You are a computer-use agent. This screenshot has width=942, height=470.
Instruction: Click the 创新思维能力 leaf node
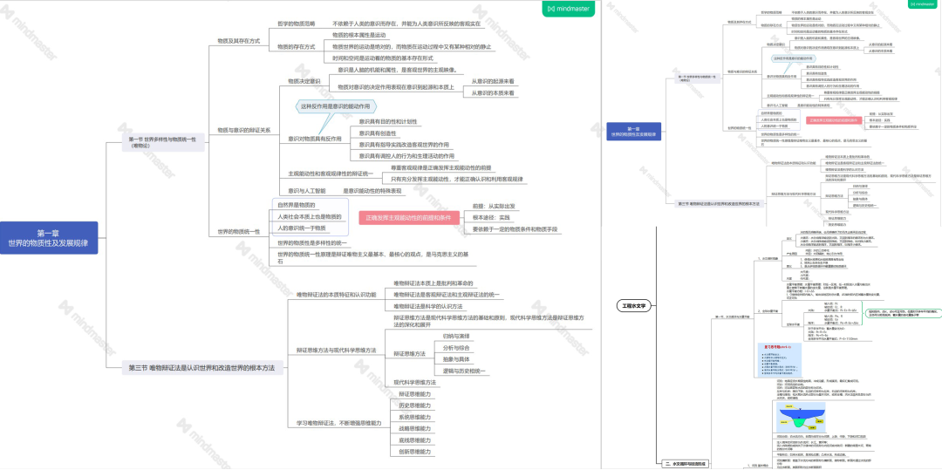tap(415, 453)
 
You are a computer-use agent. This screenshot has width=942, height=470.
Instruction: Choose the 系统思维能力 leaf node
tap(415, 418)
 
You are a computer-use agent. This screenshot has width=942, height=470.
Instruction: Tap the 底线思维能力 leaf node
tap(415, 441)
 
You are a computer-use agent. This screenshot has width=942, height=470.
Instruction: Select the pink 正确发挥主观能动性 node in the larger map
tap(413, 217)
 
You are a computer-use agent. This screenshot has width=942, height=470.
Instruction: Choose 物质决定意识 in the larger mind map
tap(304, 81)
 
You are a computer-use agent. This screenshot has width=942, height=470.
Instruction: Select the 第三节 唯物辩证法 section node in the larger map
tap(201, 369)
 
